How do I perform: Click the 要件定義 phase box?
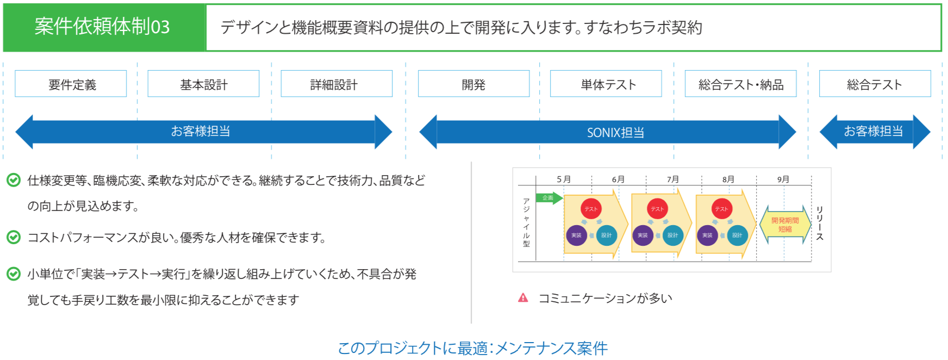(x=71, y=84)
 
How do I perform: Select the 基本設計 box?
(x=203, y=84)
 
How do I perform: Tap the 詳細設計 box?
(x=336, y=84)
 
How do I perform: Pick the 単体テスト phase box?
(x=606, y=84)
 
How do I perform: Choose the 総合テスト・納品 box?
(x=740, y=84)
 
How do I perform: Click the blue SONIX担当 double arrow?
(x=608, y=132)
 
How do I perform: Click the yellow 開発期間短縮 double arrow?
(x=785, y=225)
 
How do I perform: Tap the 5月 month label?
(x=564, y=179)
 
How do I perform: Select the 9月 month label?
(x=783, y=179)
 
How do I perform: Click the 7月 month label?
(x=673, y=179)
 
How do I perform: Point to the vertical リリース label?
(x=820, y=223)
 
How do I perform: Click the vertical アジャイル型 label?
(x=526, y=222)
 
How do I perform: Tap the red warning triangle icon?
(x=523, y=297)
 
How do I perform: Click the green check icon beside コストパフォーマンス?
(x=14, y=237)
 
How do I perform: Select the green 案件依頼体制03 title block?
(x=103, y=27)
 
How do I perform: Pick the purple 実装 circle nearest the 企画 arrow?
(x=576, y=235)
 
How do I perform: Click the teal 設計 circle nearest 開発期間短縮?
(x=737, y=235)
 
